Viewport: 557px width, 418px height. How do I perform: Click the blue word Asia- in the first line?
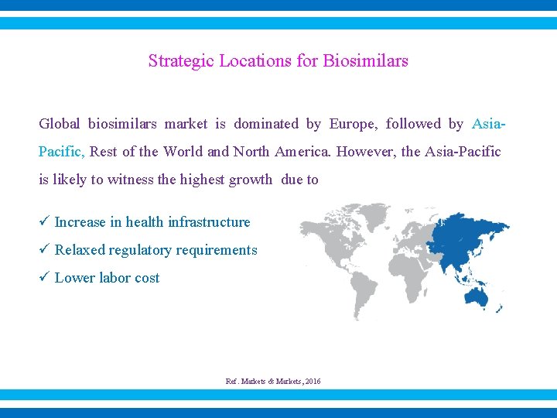(489, 124)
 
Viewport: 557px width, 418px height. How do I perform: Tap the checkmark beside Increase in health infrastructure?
(44, 222)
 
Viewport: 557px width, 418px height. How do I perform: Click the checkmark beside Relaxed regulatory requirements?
(44, 250)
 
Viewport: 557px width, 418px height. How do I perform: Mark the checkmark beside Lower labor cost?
(44, 278)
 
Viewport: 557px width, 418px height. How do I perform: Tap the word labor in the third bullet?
(114, 278)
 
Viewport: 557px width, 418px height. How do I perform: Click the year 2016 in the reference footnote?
(313, 382)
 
